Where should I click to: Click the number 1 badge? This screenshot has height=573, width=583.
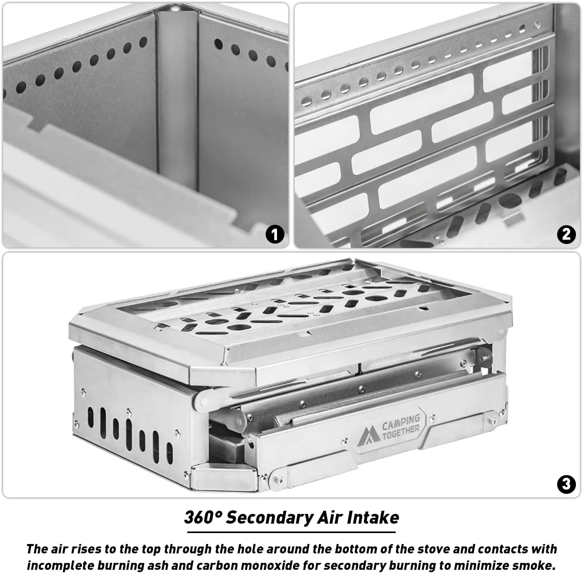pos(275,234)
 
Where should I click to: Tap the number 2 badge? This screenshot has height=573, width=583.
pos(566,234)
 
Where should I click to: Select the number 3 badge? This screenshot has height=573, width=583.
pos(566,484)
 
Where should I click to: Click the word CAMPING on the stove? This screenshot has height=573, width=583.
pos(400,422)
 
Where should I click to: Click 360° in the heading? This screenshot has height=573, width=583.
pos(203,518)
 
